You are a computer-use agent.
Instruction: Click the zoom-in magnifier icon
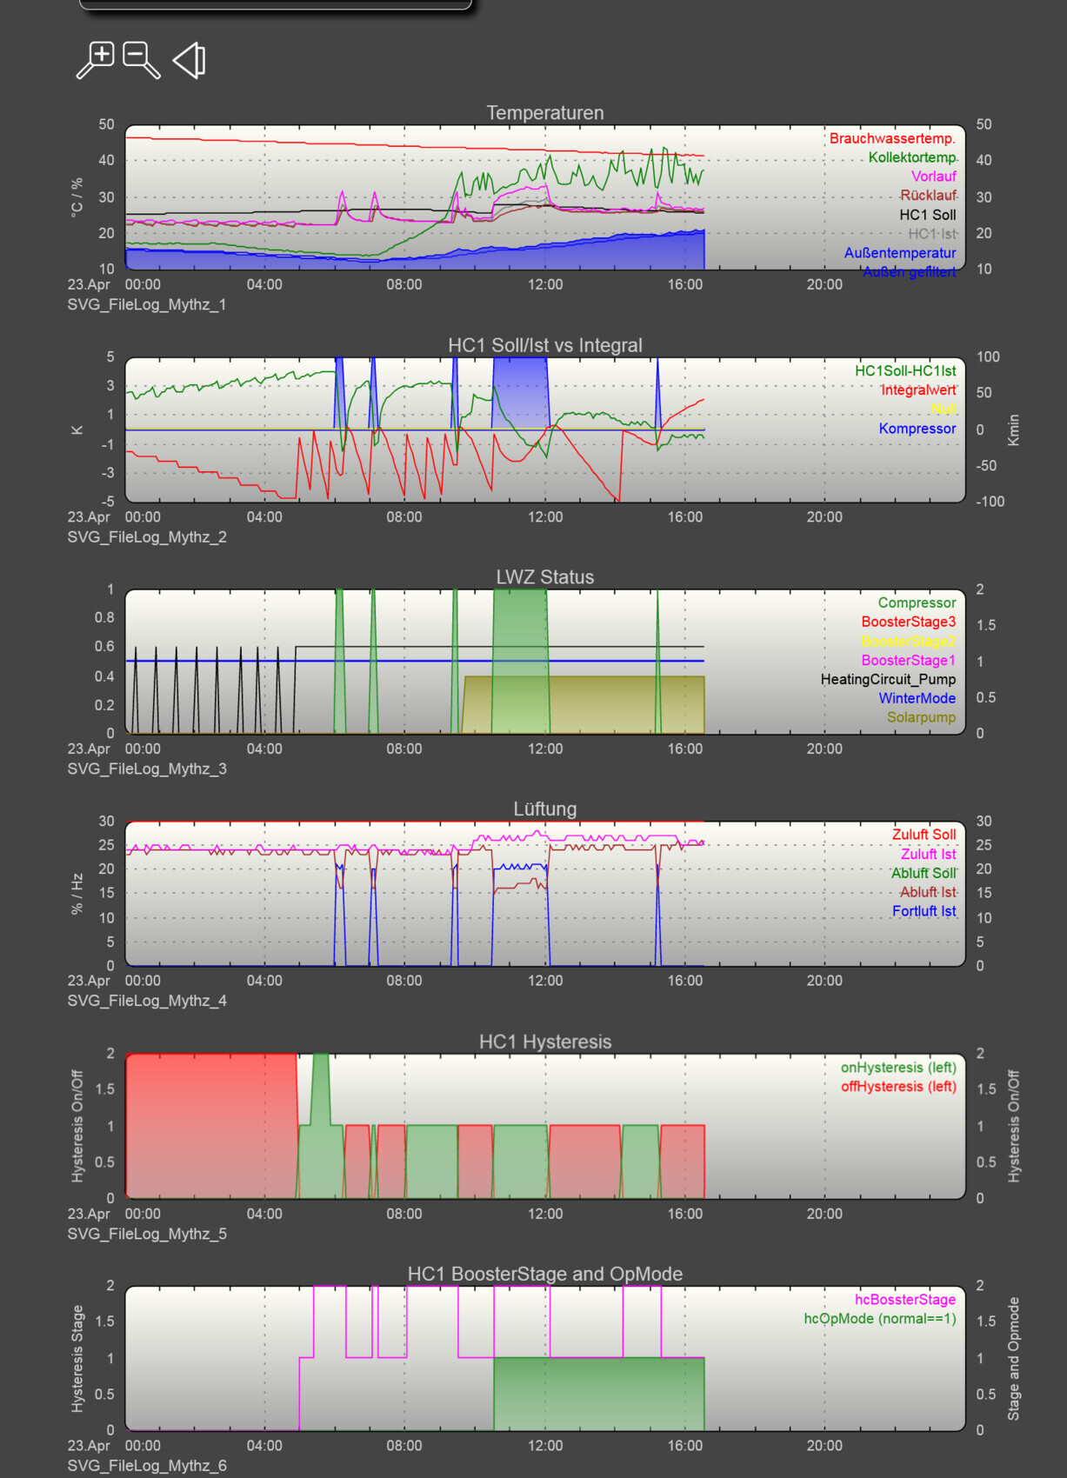[x=96, y=60]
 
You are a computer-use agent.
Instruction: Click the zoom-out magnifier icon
[x=141, y=60]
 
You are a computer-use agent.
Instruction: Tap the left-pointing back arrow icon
[x=190, y=60]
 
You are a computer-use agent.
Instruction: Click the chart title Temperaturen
[x=544, y=113]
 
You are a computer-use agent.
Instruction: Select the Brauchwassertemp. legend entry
[x=892, y=138]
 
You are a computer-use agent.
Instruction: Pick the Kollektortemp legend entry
[x=911, y=157]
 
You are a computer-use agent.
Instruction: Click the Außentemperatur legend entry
[x=899, y=253]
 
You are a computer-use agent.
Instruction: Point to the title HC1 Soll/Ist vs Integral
[x=544, y=345]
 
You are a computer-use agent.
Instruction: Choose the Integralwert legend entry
[x=918, y=389]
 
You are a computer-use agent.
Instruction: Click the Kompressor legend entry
[x=917, y=429]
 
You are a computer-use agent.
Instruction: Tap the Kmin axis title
[x=1013, y=430]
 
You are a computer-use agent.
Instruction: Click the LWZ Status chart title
[x=544, y=577]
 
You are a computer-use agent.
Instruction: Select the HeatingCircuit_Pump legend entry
[x=888, y=679]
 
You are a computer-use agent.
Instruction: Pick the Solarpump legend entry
[x=921, y=717]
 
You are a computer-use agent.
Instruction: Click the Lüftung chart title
[x=544, y=809]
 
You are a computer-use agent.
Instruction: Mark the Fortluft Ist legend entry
[x=924, y=911]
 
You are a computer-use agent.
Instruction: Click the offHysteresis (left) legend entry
[x=898, y=1087]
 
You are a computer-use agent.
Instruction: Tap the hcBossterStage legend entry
[x=905, y=1300]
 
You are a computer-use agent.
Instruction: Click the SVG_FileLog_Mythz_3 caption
[x=147, y=769]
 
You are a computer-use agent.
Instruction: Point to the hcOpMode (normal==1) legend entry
[x=879, y=1319]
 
